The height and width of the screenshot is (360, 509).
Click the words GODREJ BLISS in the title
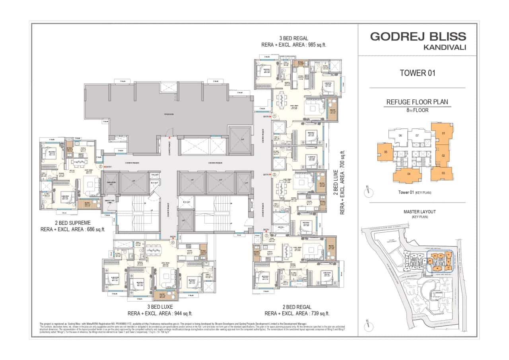[x=418, y=37]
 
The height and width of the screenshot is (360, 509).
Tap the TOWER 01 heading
[x=418, y=73]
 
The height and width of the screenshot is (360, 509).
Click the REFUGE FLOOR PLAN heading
[x=417, y=102]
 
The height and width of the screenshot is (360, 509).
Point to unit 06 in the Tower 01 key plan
[x=400, y=136]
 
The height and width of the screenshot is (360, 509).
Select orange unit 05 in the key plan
[x=385, y=152]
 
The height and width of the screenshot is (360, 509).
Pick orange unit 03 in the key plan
[x=443, y=173]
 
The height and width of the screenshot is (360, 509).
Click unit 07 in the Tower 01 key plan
[x=417, y=136]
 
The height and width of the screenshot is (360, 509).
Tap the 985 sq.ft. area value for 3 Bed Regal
[x=314, y=45]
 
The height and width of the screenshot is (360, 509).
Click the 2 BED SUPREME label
[x=73, y=223]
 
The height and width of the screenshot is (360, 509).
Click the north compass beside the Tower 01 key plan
[x=369, y=192]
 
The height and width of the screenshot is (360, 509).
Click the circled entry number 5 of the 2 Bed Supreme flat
[x=101, y=167]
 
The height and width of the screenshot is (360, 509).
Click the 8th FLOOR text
[x=417, y=110]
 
